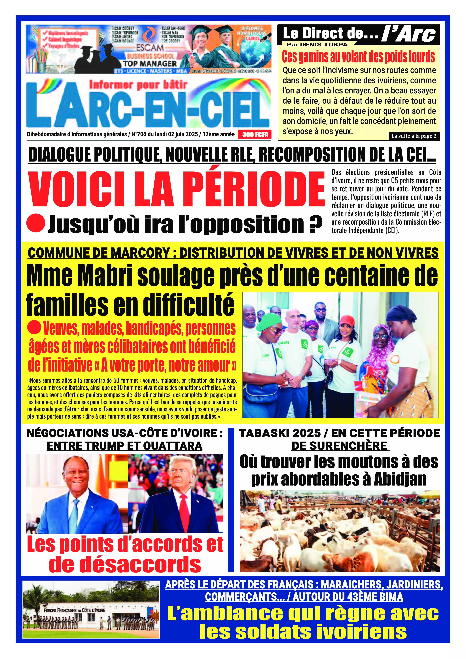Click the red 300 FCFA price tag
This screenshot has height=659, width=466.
(255, 135)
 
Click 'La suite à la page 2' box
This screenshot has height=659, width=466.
(414, 136)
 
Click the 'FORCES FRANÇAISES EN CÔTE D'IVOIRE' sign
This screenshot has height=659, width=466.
(75, 610)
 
